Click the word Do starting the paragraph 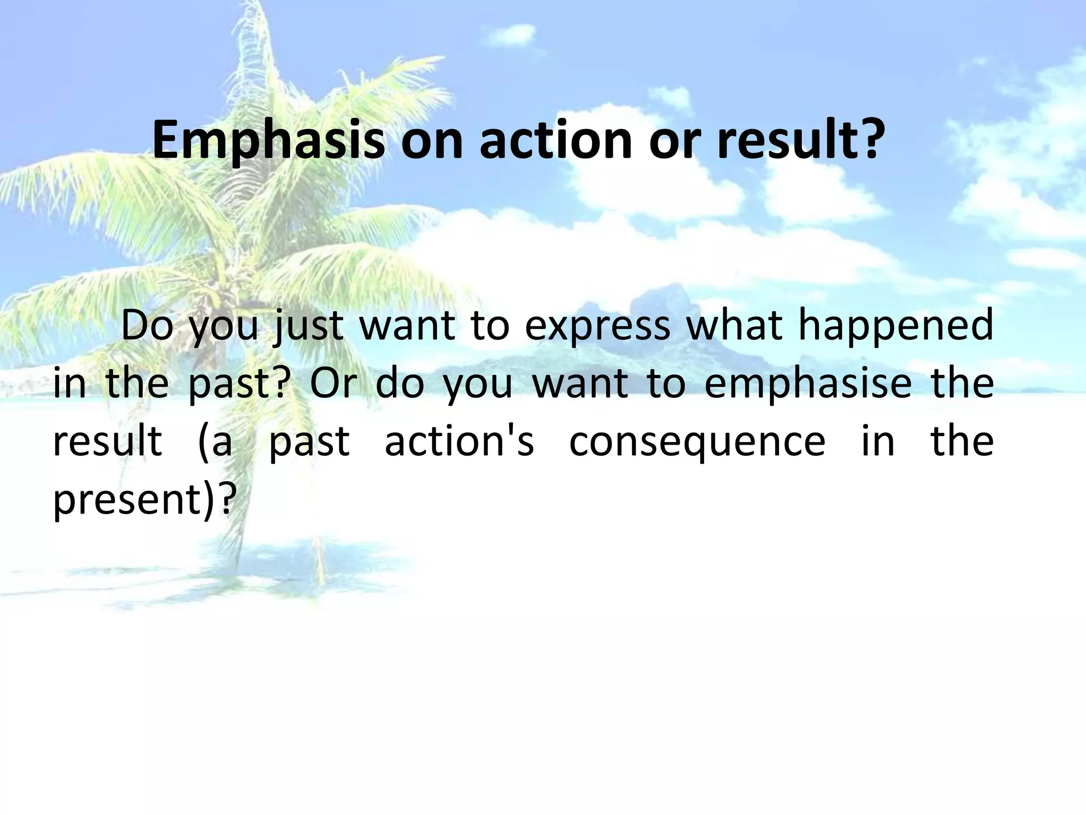click(x=147, y=325)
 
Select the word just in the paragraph click(x=308, y=325)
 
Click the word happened click(x=896, y=325)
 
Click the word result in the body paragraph click(x=108, y=441)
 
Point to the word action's click(x=459, y=441)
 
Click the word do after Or click(x=400, y=383)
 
